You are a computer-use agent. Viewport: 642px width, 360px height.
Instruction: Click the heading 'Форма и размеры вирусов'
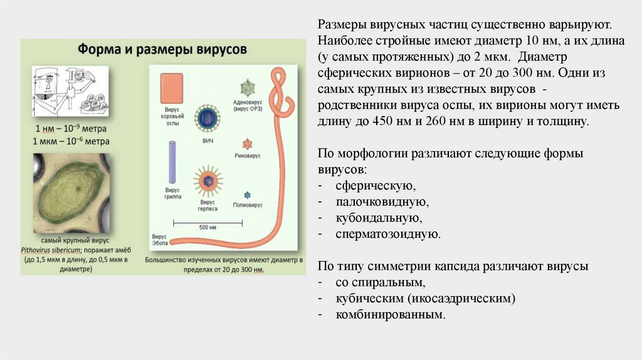coord(162,48)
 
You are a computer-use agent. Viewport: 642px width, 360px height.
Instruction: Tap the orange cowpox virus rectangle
coord(171,88)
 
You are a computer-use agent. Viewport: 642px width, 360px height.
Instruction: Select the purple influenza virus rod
coord(173,161)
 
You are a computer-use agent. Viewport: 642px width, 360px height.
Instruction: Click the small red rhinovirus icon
coord(247,144)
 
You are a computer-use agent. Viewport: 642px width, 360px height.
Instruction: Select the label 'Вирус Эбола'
coord(159,240)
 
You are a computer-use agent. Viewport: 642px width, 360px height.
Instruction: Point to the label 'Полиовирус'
coord(247,205)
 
